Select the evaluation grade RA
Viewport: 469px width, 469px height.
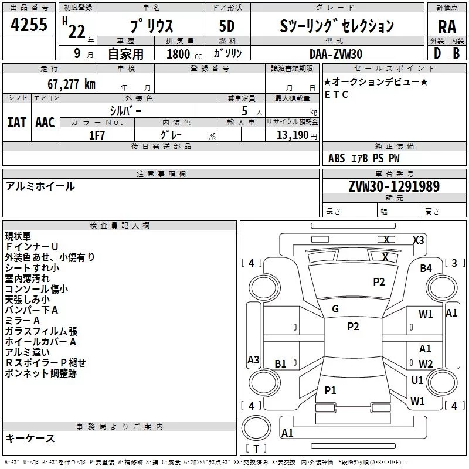(x=447, y=26)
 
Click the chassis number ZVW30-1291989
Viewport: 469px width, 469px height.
(x=394, y=186)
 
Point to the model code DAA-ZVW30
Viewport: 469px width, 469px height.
(x=336, y=53)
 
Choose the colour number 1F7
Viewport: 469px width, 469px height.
(x=97, y=135)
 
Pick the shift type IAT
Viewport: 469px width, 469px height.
(x=16, y=122)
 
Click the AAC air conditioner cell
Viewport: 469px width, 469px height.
(x=45, y=122)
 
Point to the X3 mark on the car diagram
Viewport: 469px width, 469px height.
(x=418, y=240)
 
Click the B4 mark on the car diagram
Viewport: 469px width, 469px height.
(x=426, y=268)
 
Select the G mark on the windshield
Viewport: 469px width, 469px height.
(x=335, y=308)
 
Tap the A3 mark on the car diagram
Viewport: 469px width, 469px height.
(x=253, y=359)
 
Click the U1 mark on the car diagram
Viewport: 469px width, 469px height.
(x=417, y=380)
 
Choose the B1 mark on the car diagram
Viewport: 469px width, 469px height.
(x=280, y=363)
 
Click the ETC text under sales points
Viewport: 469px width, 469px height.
(x=337, y=94)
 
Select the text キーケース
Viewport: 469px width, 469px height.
(x=30, y=438)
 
